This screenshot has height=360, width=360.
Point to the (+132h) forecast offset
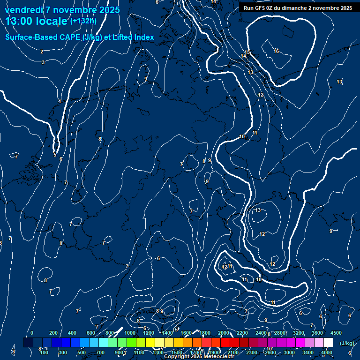(83, 21)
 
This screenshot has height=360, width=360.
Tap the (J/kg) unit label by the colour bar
(347, 344)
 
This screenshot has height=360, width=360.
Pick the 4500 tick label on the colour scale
(336, 333)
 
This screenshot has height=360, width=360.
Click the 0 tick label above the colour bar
(32, 333)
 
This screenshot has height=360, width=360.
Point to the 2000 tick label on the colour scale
(224, 333)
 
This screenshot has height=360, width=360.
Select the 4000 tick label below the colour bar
(327, 352)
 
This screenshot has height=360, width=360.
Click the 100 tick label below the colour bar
(44, 352)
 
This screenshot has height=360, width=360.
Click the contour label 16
(276, 51)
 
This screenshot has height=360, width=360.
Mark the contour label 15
(247, 52)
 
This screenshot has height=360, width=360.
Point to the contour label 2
(41, 52)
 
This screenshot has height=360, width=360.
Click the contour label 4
(60, 102)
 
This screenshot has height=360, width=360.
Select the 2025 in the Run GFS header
(346, 8)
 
